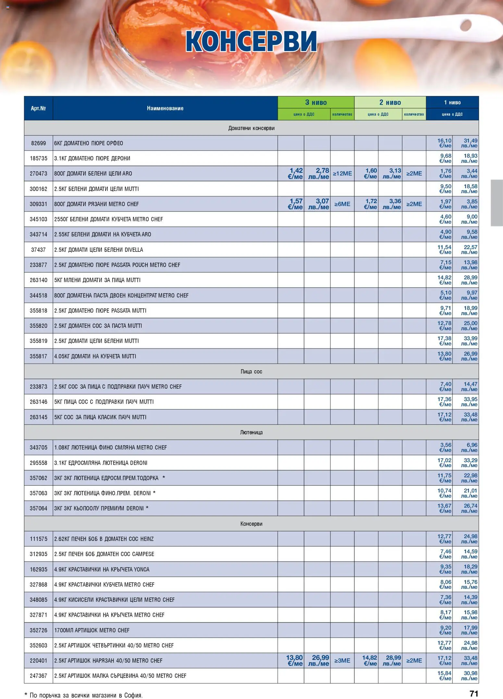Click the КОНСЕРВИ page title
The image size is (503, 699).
coord(251,42)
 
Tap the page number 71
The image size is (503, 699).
coord(474,693)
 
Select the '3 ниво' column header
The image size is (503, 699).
coord(316,102)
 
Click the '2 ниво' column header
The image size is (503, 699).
coord(390,102)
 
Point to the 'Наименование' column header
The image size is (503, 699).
coord(165,108)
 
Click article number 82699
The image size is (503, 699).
coord(38,143)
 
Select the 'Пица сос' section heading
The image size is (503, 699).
coord(251,371)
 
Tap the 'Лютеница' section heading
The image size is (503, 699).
coord(251,432)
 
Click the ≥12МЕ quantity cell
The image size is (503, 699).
coord(342,174)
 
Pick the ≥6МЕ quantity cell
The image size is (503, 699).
coord(342,204)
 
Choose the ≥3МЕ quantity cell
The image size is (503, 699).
coord(342,661)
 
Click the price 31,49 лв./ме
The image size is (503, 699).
coord(470,143)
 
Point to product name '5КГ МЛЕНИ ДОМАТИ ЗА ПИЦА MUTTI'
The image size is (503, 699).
coord(97,280)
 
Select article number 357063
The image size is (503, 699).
coord(38,493)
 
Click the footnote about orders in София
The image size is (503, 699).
coord(84,695)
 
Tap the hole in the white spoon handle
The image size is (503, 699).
coord(465,25)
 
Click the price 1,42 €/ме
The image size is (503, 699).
coord(295,174)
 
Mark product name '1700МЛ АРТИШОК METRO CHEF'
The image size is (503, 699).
coord(92,630)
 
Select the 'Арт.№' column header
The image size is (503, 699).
coord(38,108)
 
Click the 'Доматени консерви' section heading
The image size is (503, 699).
coord(251,128)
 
